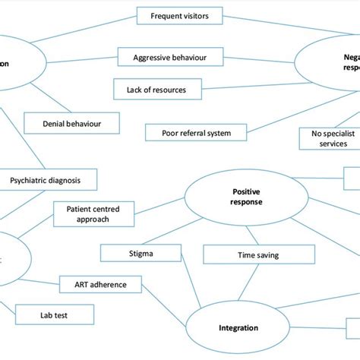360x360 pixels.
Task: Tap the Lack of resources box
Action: point(160,90)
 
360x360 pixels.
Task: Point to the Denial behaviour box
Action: point(72,122)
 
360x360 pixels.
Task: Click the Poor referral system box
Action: point(196,133)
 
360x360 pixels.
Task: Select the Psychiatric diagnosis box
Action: point(53,181)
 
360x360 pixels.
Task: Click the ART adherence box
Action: point(100,285)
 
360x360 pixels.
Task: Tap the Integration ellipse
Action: point(239,328)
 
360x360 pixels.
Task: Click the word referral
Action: point(195,133)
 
